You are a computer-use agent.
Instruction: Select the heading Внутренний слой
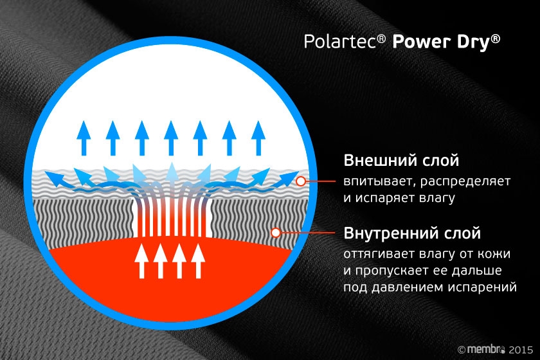point(412,232)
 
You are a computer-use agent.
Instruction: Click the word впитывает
point(375,181)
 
